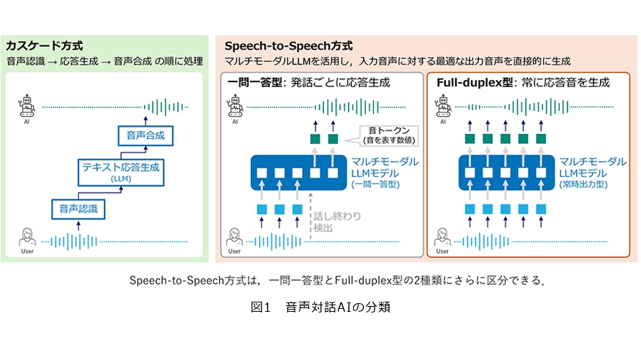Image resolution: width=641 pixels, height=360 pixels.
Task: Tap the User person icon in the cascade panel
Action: (27, 238)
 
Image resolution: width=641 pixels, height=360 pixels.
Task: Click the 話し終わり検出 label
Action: (333, 220)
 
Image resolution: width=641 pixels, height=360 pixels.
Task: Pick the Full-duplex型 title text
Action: (467, 83)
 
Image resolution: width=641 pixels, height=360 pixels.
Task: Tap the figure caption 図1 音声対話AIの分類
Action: (320, 307)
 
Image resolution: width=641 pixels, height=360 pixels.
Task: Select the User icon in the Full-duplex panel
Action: (442, 238)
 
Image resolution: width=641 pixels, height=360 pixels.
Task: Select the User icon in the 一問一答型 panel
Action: (235, 238)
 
